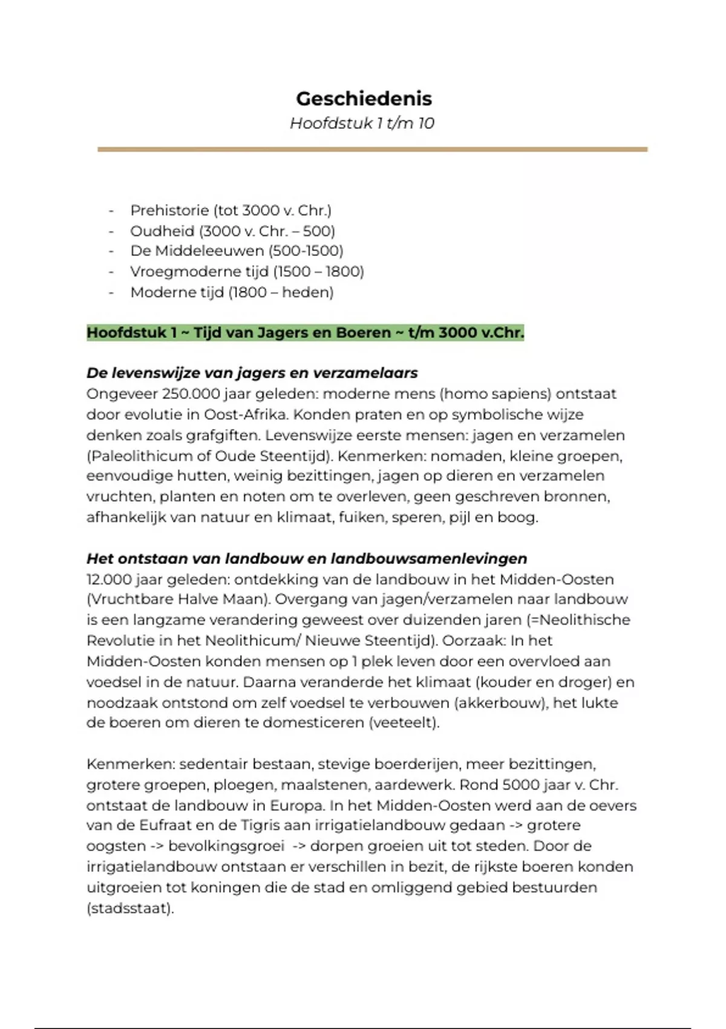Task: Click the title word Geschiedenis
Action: [364, 98]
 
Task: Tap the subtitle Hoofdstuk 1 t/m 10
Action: [362, 123]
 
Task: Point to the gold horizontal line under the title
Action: [372, 149]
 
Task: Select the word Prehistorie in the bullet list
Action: [169, 210]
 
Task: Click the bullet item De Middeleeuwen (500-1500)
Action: [237, 251]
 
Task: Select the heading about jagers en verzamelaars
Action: [252, 373]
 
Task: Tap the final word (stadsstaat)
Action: [130, 908]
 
